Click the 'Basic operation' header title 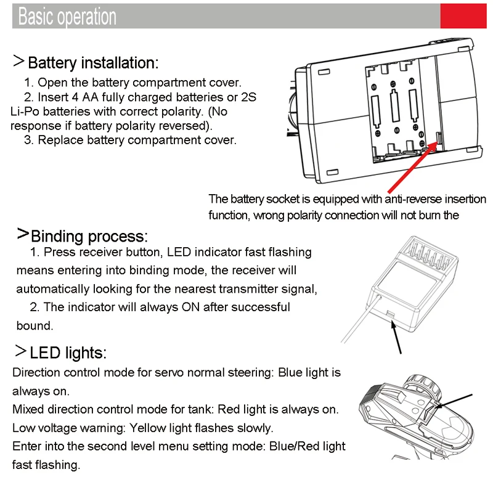(67, 16)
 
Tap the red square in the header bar (463, 16)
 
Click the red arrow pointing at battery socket (412, 168)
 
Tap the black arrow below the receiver (396, 337)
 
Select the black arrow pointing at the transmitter (454, 401)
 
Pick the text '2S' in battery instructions (248, 97)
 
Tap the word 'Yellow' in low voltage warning (147, 428)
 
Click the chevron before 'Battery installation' (18, 60)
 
